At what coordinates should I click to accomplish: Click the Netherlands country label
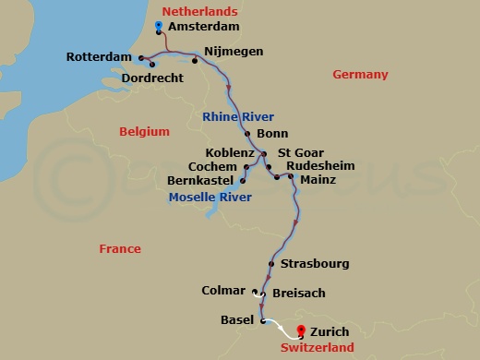199,11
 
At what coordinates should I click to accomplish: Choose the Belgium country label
144,132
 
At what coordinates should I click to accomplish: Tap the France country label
120,248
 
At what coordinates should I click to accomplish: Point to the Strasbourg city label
315,263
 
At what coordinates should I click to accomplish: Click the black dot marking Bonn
247,134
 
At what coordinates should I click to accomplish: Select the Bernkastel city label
200,180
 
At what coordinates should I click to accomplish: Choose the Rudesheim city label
320,166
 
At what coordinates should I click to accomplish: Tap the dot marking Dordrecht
150,65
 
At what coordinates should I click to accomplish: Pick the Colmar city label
223,291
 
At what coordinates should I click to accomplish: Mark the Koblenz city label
230,152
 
